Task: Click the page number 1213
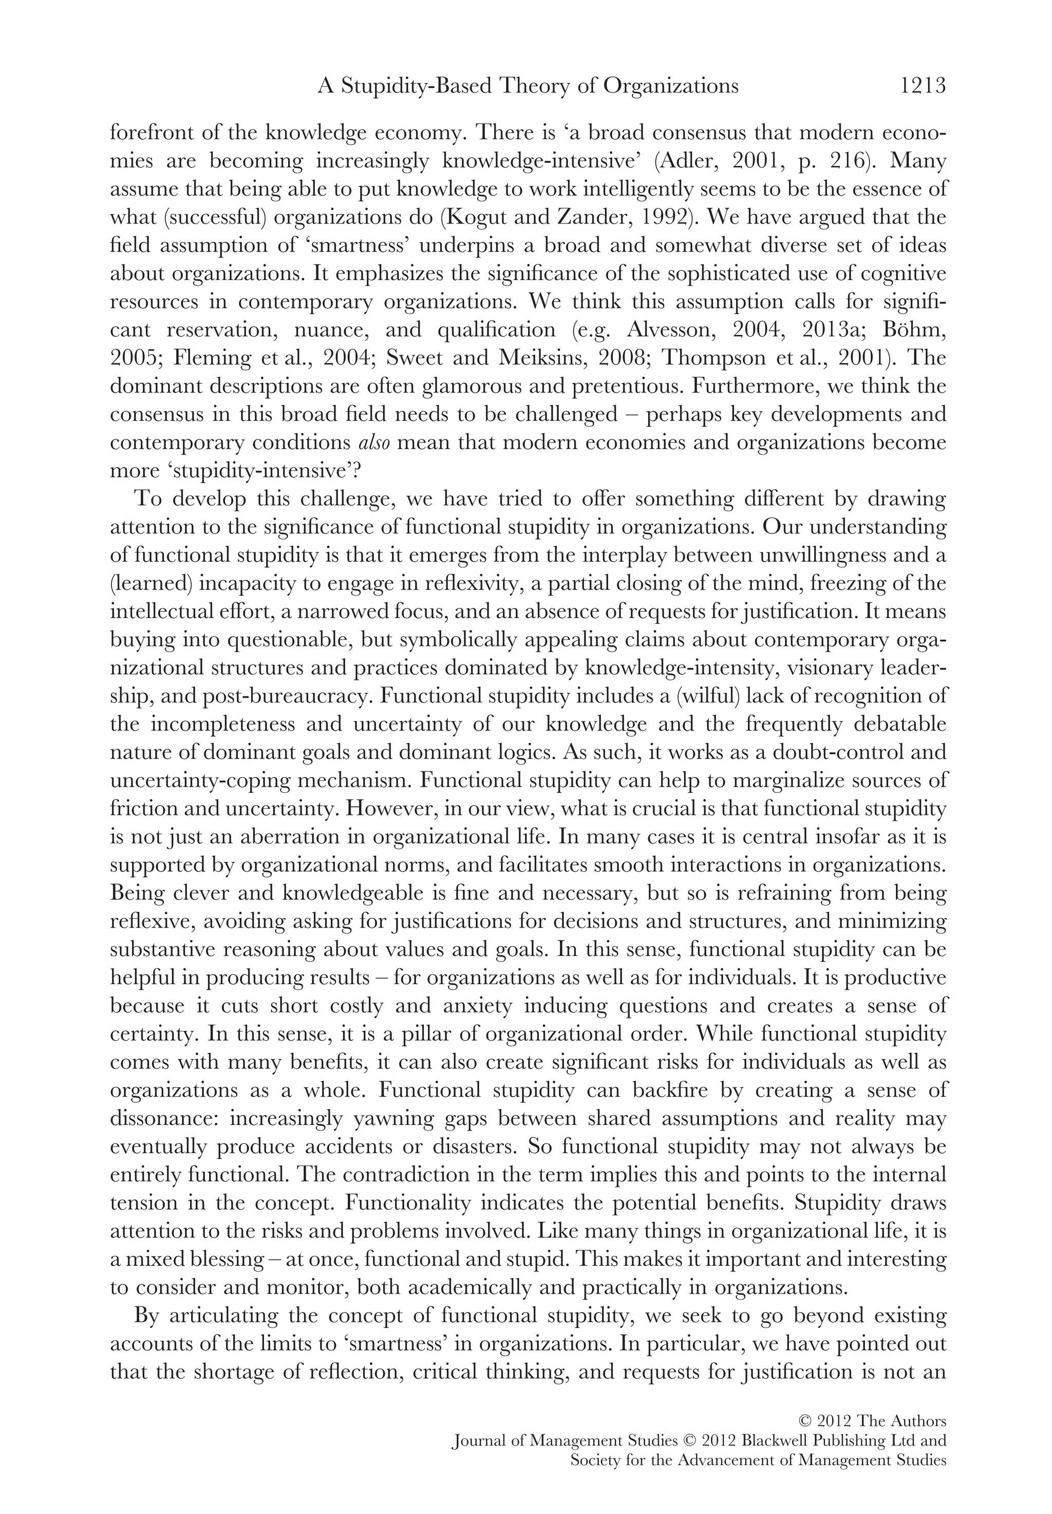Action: [922, 86]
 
